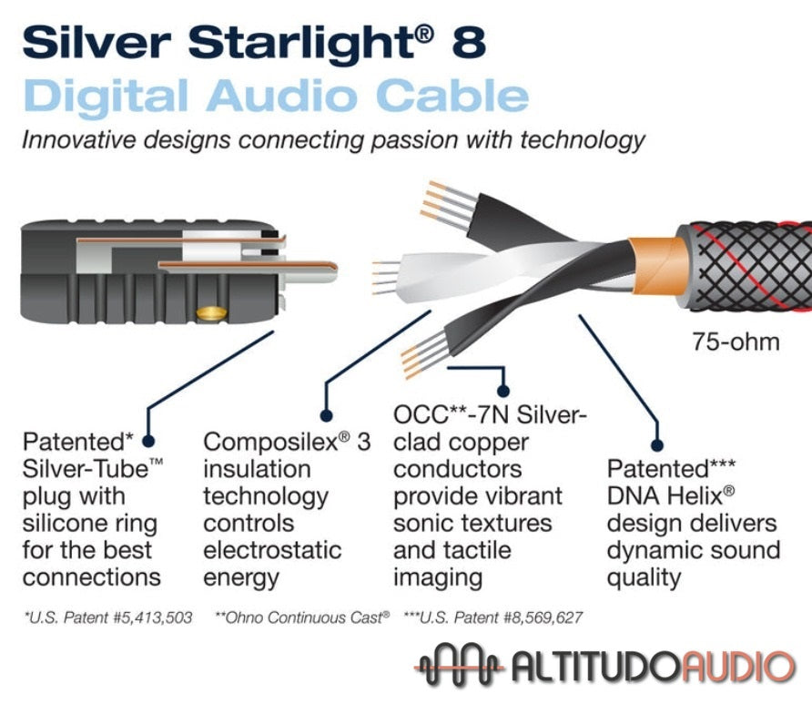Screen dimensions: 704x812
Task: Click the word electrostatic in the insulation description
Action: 272,551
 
